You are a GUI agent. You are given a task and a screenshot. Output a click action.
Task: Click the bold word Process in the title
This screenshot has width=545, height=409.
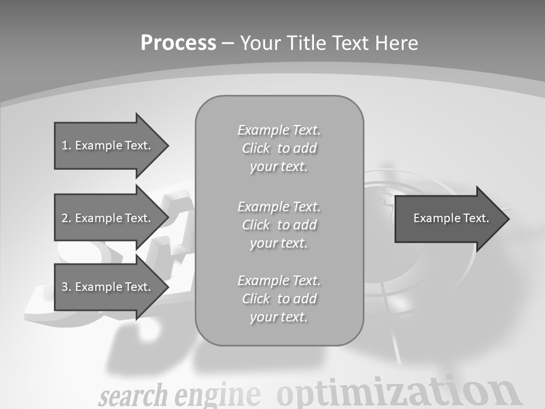point(178,43)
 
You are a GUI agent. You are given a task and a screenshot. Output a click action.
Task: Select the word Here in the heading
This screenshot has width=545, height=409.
point(397,43)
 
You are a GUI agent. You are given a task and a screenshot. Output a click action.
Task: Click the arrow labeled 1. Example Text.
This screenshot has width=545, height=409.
point(108,145)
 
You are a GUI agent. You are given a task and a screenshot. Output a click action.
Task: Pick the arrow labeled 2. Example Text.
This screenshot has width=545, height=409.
point(108,218)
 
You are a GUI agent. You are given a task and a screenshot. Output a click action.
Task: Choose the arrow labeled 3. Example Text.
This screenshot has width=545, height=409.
point(108,287)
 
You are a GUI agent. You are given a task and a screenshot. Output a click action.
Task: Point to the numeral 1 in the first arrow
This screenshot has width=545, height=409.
point(65,145)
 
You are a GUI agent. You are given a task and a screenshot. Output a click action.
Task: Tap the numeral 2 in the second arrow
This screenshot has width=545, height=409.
point(65,218)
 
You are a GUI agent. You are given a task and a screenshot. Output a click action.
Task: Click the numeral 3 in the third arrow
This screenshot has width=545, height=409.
point(65,287)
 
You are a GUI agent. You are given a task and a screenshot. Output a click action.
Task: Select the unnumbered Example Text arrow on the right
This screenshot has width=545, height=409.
point(448,218)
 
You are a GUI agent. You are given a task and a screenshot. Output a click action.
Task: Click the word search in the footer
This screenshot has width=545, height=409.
point(133,395)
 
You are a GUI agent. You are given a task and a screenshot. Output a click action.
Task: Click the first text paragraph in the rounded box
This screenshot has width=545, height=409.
point(279,148)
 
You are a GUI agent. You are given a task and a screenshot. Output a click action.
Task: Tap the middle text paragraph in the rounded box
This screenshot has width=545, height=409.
point(279,225)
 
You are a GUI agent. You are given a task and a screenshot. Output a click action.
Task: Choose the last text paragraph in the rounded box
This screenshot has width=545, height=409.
point(279,299)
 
